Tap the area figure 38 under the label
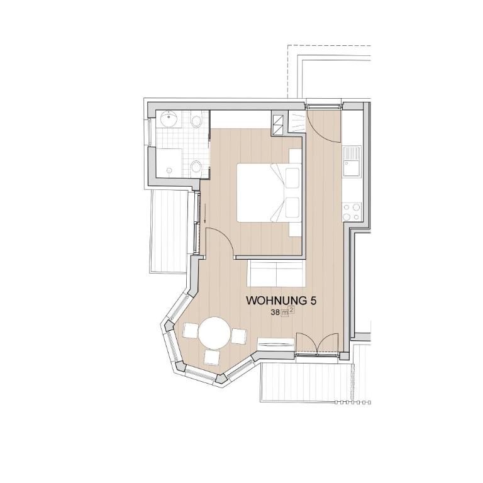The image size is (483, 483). [275, 313]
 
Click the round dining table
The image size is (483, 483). [214, 333]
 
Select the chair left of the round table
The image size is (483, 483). [191, 331]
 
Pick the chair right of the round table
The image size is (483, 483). [239, 336]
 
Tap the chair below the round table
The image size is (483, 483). [212, 357]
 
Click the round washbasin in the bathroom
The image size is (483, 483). [168, 119]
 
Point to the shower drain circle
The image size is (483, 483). [169, 170]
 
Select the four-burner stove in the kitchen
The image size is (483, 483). [352, 211]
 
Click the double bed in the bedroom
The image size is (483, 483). [269, 192]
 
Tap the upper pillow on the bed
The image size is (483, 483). [292, 178]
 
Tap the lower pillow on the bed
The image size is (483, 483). [292, 208]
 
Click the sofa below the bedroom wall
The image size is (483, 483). [276, 273]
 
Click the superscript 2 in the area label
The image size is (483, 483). [291, 311]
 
